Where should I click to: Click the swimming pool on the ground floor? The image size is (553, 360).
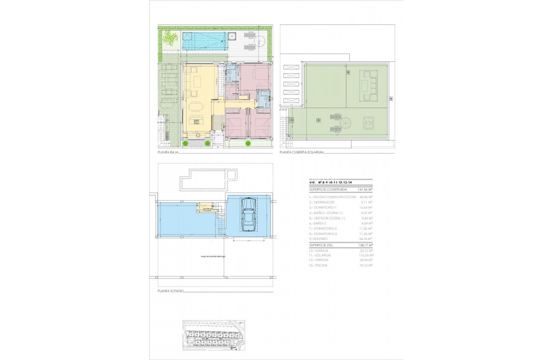point(204,41)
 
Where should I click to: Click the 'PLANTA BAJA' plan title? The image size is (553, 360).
point(168,152)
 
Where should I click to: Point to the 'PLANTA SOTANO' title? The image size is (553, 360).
point(170,291)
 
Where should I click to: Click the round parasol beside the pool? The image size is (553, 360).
point(260,42)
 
